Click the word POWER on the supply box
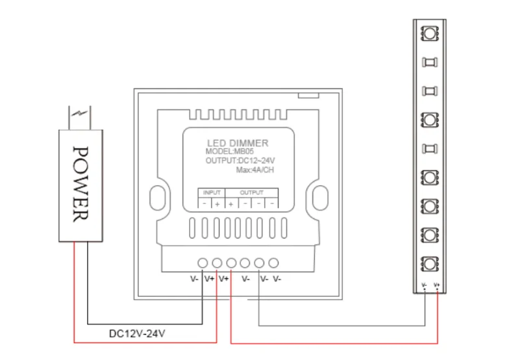click(81, 184)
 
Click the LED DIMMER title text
click(237, 142)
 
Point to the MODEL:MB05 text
click(232, 151)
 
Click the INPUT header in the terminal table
click(212, 192)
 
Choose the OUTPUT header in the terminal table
click(252, 192)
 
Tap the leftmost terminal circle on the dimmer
click(203, 263)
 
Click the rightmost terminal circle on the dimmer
click(274, 263)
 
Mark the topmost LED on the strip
click(429, 32)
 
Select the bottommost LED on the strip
click(429, 264)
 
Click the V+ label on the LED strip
click(437, 285)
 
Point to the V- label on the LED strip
click(424, 285)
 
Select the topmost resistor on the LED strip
click(429, 62)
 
